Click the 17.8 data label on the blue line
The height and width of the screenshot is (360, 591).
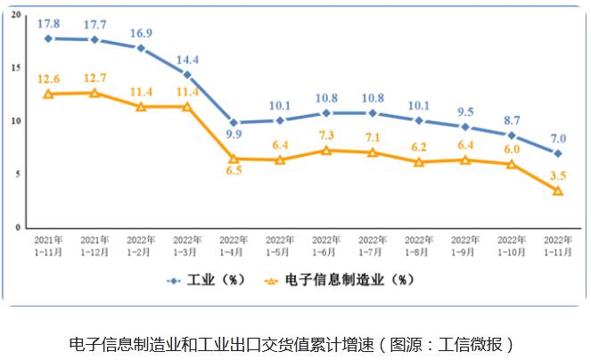click(48, 22)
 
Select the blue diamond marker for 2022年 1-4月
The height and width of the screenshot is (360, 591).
click(234, 122)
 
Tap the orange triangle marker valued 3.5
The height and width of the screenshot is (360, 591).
click(558, 191)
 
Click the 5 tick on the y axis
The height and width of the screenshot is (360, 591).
click(18, 175)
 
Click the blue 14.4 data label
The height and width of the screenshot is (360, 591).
click(187, 59)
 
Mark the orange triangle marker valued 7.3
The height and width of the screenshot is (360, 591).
click(326, 150)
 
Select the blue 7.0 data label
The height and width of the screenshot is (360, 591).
click(558, 137)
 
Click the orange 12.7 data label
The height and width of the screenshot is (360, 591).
click(94, 78)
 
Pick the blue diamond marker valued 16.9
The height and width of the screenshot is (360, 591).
click(141, 47)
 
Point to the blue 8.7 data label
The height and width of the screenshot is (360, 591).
click(512, 119)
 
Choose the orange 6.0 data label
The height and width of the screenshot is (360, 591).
click(512, 150)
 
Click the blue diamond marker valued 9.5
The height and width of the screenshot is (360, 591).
click(465, 127)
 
